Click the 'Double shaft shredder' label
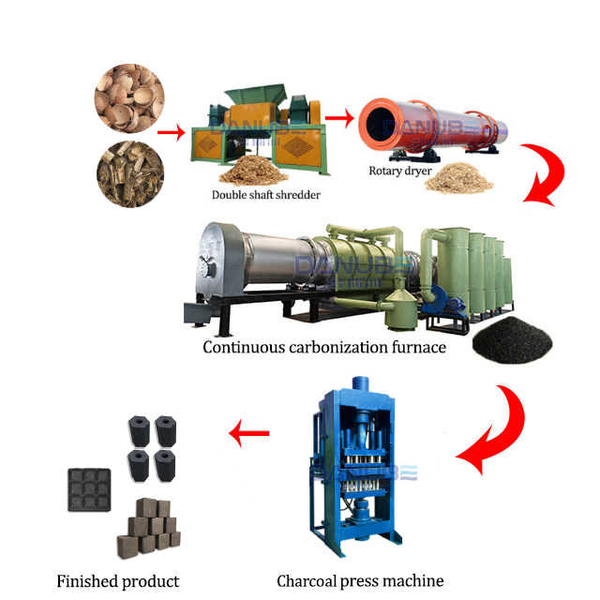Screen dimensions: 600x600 (265, 195)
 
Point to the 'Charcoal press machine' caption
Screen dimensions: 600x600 (360, 580)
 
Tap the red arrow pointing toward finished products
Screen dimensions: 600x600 (249, 433)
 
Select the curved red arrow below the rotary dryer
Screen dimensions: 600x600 (542, 178)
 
